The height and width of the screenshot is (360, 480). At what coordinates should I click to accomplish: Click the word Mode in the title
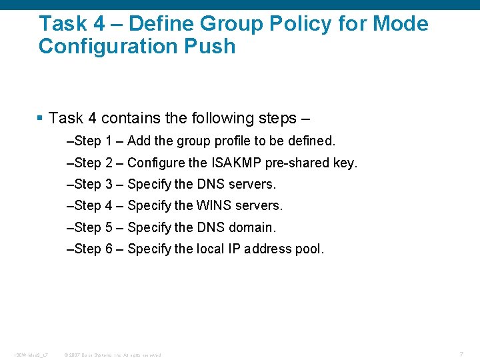pyautogui.click(x=401, y=24)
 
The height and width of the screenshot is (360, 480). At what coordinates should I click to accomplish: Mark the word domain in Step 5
pyautogui.click(x=252, y=227)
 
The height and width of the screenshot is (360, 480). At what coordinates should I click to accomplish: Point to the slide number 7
pyautogui.click(x=461, y=353)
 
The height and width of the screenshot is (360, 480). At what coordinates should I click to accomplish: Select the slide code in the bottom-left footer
pyautogui.click(x=31, y=355)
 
